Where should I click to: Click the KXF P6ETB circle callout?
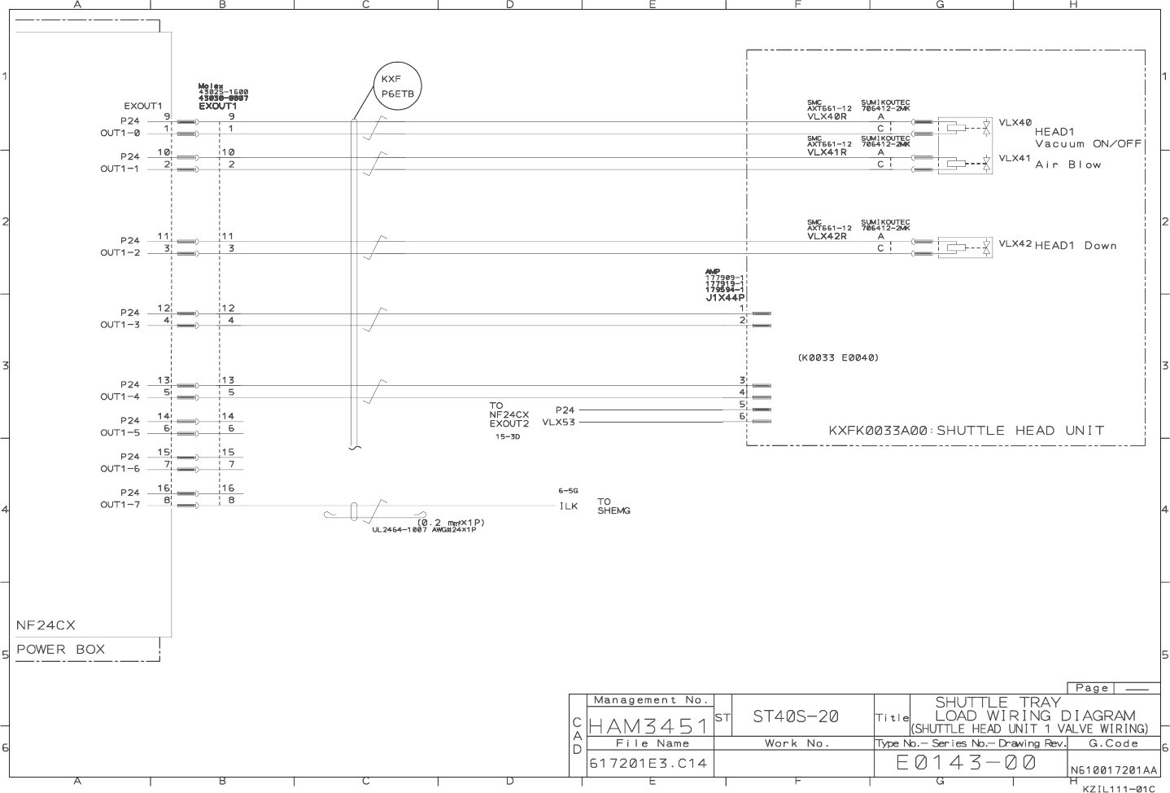[397, 86]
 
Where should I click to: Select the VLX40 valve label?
[1015, 123]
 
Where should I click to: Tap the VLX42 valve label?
[1015, 243]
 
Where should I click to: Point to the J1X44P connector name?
[725, 298]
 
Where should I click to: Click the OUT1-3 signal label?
[120, 325]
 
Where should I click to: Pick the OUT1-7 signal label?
[120, 505]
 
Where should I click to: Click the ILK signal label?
[568, 506]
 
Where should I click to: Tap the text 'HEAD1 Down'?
[1075, 246]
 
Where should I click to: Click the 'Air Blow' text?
[1067, 164]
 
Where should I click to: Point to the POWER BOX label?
[60, 650]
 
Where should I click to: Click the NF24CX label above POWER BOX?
[46, 625]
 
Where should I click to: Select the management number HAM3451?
[648, 724]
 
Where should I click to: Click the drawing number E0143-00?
[966, 763]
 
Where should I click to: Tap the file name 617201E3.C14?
[648, 764]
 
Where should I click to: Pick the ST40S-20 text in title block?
[795, 716]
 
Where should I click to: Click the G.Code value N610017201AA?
[1113, 769]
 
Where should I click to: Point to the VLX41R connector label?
[827, 152]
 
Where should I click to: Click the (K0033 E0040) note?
[838, 357]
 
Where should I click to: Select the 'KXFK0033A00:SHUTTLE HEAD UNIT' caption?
[966, 431]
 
